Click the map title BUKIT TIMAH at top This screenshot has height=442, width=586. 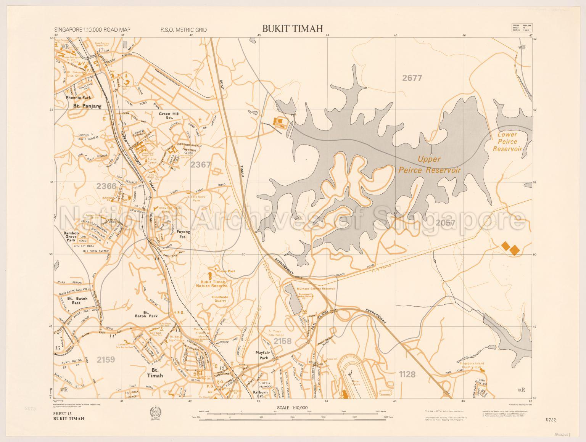pos(292,28)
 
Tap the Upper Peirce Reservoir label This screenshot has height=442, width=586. pos(429,165)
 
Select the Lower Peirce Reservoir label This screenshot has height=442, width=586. pos(507,141)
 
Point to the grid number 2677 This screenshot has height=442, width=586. pos(412,78)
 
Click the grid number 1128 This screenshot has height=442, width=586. pos(407,374)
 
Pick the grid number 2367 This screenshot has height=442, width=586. pos(201,165)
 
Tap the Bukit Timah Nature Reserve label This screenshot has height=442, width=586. pos(211,283)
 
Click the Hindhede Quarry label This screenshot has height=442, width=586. pos(214,298)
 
